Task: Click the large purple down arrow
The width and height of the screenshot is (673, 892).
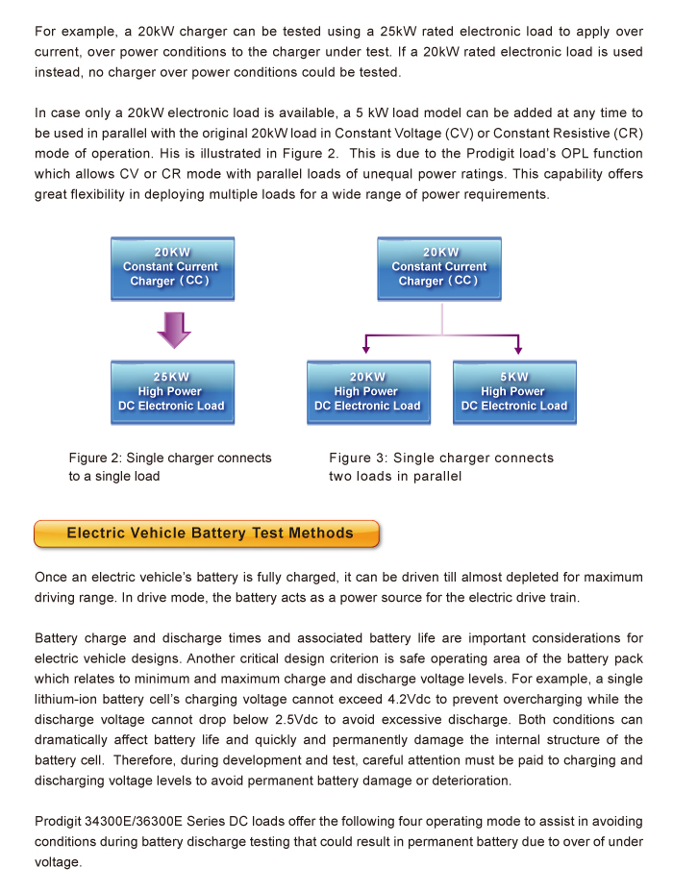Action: pyautogui.click(x=173, y=329)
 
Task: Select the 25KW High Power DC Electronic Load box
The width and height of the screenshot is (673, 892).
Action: pyautogui.click(x=172, y=391)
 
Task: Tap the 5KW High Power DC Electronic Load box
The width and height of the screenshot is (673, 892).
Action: pyautogui.click(x=514, y=391)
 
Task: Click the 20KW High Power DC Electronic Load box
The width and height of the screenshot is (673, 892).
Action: pyautogui.click(x=367, y=391)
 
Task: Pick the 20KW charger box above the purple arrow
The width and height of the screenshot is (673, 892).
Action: pyautogui.click(x=173, y=267)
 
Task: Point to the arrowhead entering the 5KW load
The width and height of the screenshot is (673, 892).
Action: pyautogui.click(x=519, y=350)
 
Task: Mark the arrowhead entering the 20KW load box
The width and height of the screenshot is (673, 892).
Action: pyautogui.click(x=366, y=350)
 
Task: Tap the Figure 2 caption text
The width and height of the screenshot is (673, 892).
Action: pyautogui.click(x=169, y=467)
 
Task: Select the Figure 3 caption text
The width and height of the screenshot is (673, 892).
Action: pyautogui.click(x=440, y=467)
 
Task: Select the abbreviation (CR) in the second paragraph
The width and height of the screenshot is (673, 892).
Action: pyautogui.click(x=627, y=132)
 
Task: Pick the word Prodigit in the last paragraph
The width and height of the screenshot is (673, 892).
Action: pyautogui.click(x=62, y=822)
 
